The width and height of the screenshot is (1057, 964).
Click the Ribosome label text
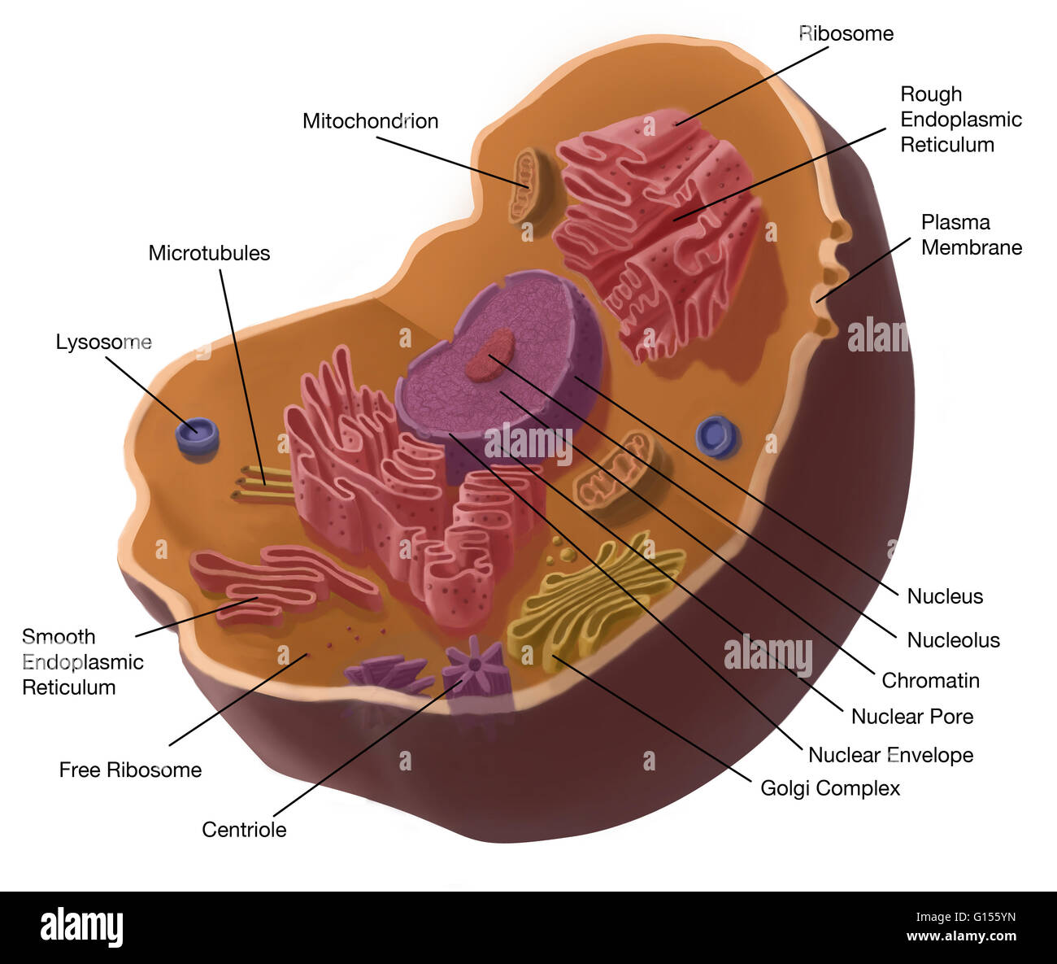846,33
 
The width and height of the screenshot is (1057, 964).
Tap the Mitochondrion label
370,121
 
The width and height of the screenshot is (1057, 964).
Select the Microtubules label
209,253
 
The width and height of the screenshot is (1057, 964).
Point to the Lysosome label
103,342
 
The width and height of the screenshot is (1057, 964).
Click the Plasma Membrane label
971,235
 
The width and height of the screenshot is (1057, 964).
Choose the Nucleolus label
953,640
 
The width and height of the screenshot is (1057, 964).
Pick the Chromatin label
930,680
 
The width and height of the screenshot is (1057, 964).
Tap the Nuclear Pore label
911,717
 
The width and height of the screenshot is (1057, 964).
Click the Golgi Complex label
830,788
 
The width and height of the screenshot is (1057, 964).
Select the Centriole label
244,830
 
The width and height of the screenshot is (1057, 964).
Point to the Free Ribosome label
130,770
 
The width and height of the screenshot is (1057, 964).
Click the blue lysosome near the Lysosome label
198,434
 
